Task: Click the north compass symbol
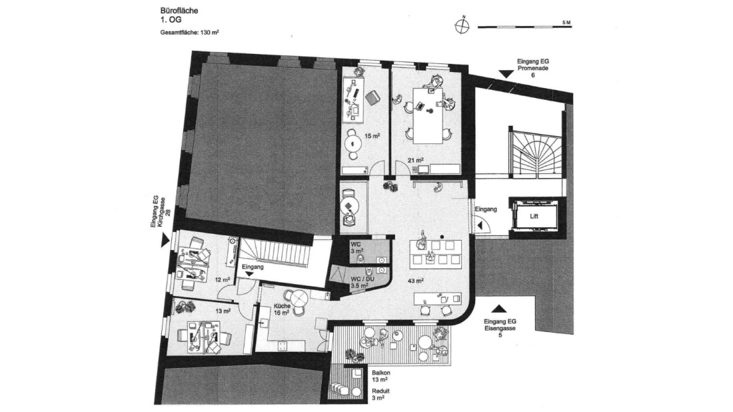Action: click(462, 27)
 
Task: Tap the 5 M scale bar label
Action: click(566, 23)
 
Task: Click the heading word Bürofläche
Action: click(179, 11)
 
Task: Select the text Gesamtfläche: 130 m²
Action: click(190, 33)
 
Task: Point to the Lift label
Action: click(534, 217)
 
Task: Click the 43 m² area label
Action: click(416, 281)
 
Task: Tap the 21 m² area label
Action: click(416, 161)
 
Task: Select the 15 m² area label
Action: click(372, 136)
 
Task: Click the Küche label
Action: click(282, 306)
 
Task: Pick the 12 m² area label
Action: click(223, 279)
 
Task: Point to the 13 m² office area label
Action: click(223, 311)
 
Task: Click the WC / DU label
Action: click(362, 279)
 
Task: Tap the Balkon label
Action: click(381, 373)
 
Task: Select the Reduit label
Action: click(380, 391)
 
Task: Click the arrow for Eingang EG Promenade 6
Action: click(506, 74)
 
